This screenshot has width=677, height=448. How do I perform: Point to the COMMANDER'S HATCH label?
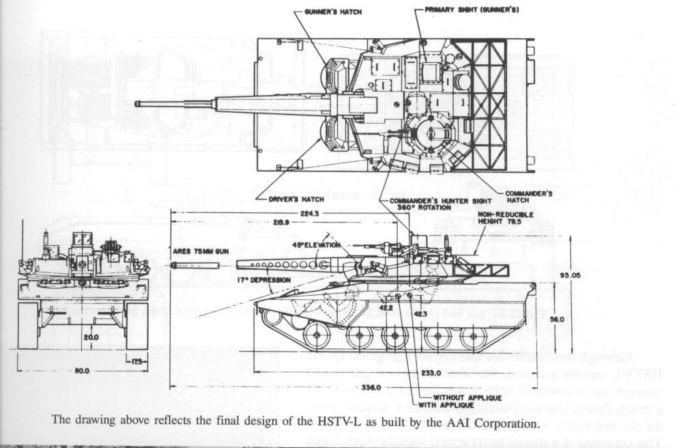pos(529,197)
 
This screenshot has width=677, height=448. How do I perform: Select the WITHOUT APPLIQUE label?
pos(467,397)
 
